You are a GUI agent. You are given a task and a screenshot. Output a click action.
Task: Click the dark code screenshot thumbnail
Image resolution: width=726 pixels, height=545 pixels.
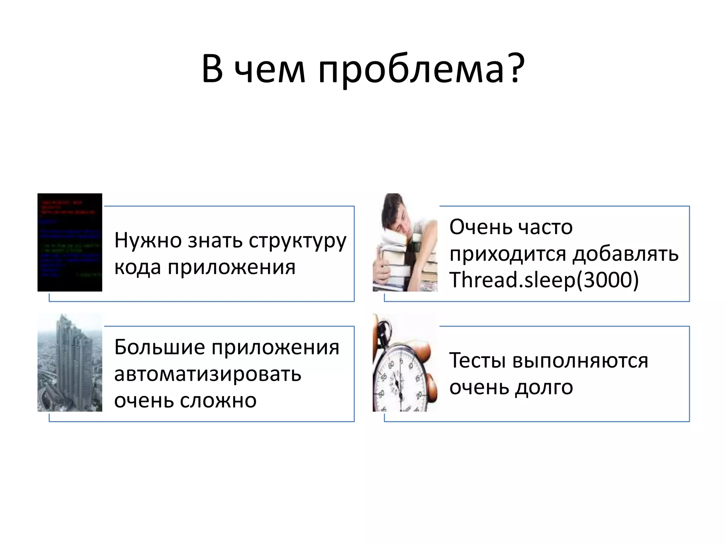click(x=70, y=242)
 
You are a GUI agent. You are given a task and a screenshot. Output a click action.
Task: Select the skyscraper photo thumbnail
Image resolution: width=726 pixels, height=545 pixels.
click(x=70, y=362)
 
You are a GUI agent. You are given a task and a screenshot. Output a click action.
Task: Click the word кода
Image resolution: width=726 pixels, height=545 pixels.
click(x=138, y=267)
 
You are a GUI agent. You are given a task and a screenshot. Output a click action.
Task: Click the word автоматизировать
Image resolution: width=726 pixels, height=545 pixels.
click(x=208, y=374)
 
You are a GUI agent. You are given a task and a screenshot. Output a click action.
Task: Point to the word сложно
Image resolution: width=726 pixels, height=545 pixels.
click(x=218, y=401)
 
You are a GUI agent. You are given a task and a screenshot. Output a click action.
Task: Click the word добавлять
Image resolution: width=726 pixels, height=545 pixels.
click(x=626, y=254)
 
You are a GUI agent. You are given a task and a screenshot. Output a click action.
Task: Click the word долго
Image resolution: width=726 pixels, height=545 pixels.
click(x=544, y=387)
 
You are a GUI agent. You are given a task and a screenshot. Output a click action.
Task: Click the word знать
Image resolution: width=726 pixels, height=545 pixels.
click(x=215, y=241)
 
